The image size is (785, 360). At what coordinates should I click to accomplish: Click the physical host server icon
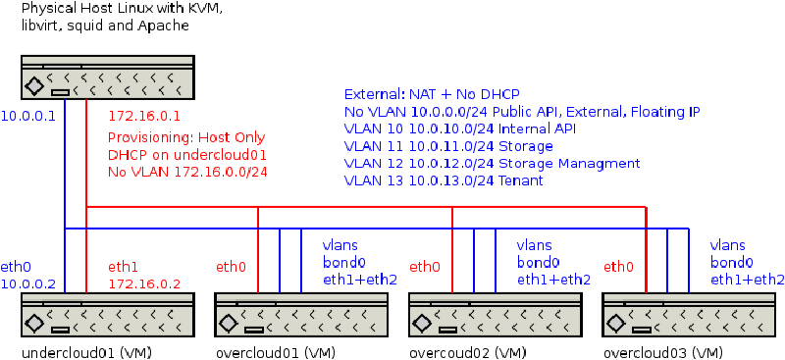[x=107, y=77]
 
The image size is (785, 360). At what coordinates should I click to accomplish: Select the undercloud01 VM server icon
[x=107, y=315]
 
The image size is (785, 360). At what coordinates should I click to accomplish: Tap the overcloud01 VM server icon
[x=301, y=315]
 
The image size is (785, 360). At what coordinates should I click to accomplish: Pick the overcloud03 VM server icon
[x=689, y=315]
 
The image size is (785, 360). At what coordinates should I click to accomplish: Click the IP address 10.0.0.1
[x=27, y=117]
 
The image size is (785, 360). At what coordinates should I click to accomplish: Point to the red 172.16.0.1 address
[x=144, y=117]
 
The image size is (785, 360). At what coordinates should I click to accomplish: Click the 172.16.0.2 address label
[x=144, y=284]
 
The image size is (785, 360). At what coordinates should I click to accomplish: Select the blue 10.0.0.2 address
[x=27, y=284]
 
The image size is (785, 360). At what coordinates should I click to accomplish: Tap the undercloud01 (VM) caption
[x=86, y=352]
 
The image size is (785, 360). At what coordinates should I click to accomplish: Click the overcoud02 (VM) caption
[x=468, y=352]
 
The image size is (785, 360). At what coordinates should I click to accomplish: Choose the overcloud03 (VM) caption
[x=663, y=352]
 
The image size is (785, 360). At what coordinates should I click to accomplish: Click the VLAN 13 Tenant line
[x=444, y=180]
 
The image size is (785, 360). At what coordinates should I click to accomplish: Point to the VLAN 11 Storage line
[x=448, y=146]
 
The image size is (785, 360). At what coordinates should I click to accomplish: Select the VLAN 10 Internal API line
[x=460, y=129]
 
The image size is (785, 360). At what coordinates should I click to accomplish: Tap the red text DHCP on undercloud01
[x=180, y=155]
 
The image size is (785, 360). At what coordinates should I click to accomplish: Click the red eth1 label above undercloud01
[x=124, y=268]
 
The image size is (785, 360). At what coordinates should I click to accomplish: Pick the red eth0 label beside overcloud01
[x=232, y=268]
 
